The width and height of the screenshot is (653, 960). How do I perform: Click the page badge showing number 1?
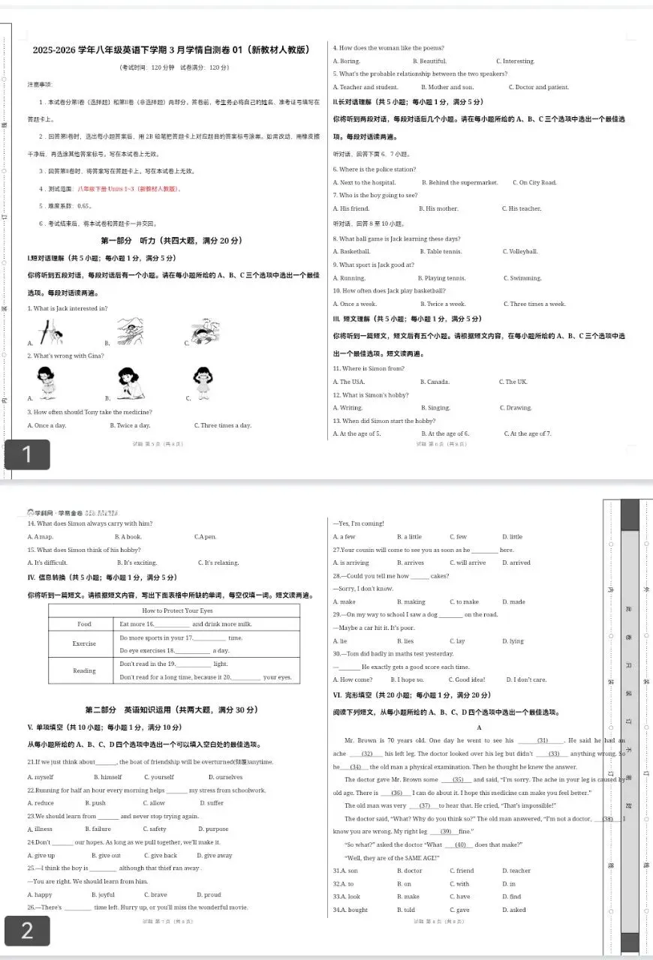pos(27,454)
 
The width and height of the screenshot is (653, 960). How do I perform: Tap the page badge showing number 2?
pos(27,931)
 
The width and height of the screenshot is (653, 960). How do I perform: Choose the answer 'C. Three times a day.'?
pos(222,426)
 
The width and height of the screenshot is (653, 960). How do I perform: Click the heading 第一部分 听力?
pos(171,241)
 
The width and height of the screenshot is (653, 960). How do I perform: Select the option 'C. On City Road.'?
pos(534,183)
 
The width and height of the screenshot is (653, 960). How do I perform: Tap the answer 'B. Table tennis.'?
pos(441,251)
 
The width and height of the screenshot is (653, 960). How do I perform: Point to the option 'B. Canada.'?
pos(435,382)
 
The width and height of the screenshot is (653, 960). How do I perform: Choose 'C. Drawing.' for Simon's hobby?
pos(516,408)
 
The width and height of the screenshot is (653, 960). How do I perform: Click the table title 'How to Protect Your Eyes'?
pos(174,610)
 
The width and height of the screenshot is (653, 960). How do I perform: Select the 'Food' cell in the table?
pos(84,624)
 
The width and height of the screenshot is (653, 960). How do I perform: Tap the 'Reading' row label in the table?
pos(84,670)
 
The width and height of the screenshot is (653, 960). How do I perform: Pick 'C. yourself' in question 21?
pos(158,777)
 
